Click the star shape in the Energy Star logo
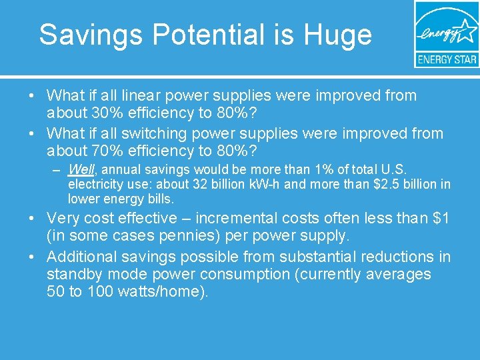click(x=465, y=32)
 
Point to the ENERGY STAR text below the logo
click(x=447, y=59)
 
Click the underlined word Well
click(x=81, y=170)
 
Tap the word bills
click(x=161, y=198)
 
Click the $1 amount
click(x=441, y=218)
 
